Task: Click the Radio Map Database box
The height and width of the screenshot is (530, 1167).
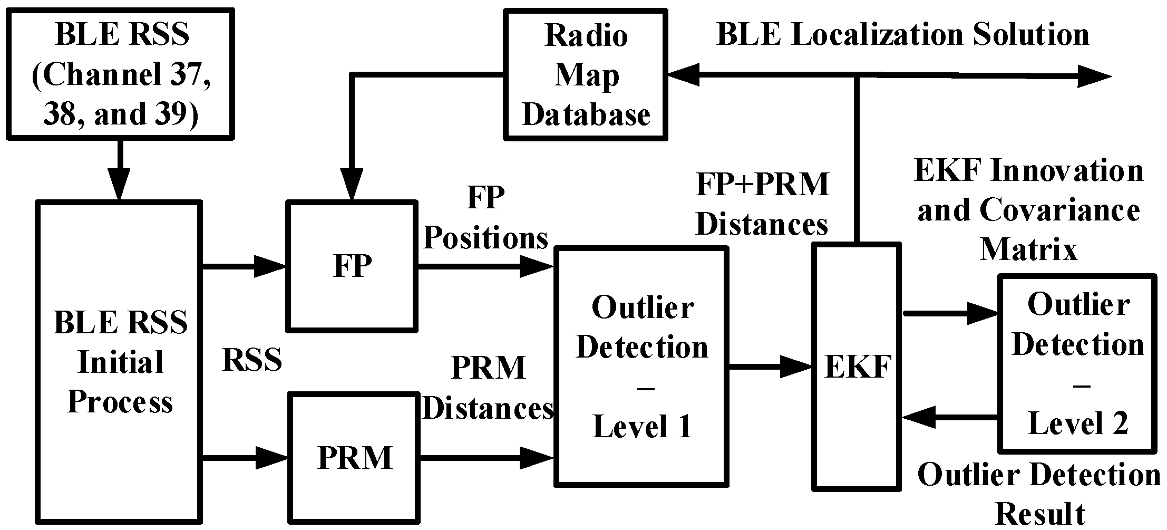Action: coord(585,74)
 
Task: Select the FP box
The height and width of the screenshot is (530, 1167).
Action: coord(352,266)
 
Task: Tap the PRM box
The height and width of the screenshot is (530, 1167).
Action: coord(354,457)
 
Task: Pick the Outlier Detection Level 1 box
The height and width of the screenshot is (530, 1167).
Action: coord(641,366)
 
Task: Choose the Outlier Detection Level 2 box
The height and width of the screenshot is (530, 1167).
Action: coord(1078,364)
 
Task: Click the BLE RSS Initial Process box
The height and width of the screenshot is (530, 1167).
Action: coord(120,362)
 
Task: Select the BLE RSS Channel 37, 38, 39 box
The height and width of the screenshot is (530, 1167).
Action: coord(121,74)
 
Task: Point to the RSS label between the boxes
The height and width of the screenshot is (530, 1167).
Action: coord(252,360)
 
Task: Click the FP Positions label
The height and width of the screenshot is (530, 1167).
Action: coord(485,218)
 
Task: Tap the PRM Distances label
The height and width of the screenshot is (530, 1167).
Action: coord(488,388)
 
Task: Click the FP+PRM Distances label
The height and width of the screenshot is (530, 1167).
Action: coord(762,204)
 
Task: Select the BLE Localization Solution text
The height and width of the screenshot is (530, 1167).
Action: coord(903,35)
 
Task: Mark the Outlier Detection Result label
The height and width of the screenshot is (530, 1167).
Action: coord(1039,493)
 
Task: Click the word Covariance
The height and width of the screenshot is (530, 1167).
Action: coord(1059,210)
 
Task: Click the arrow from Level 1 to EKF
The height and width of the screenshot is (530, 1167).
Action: coord(770,366)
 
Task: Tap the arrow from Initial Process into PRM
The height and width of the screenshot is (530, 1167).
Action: coord(245,457)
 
